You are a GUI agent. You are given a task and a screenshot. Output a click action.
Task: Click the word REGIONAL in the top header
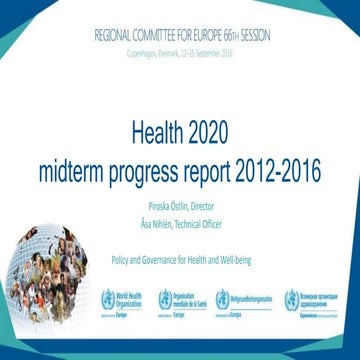point(118,33)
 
